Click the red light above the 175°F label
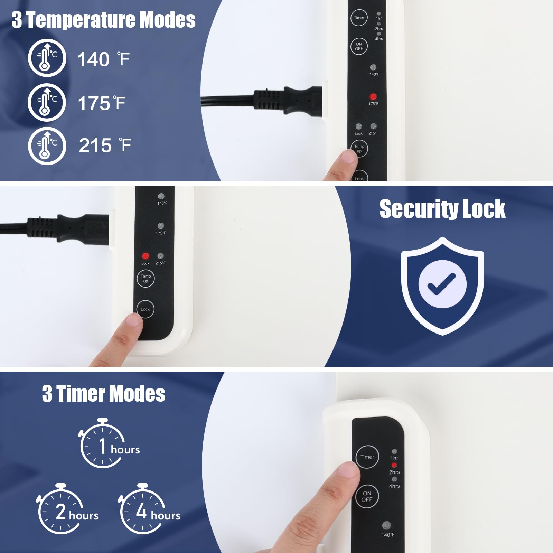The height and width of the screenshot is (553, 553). (373, 96)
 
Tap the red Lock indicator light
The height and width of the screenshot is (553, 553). (146, 256)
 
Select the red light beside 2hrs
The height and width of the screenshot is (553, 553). (394, 465)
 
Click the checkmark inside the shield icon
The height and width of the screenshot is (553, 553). (442, 284)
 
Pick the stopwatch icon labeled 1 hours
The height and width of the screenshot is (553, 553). (102, 443)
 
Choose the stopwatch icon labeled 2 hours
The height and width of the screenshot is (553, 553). (59, 509)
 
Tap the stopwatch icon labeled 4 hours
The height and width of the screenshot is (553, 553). (141, 509)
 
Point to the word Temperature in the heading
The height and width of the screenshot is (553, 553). (81, 20)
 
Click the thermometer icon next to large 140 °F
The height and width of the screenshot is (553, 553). (47, 58)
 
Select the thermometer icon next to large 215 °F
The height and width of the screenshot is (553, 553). (47, 146)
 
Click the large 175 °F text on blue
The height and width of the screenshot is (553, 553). (102, 103)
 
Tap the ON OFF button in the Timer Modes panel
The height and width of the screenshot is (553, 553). (367, 496)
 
